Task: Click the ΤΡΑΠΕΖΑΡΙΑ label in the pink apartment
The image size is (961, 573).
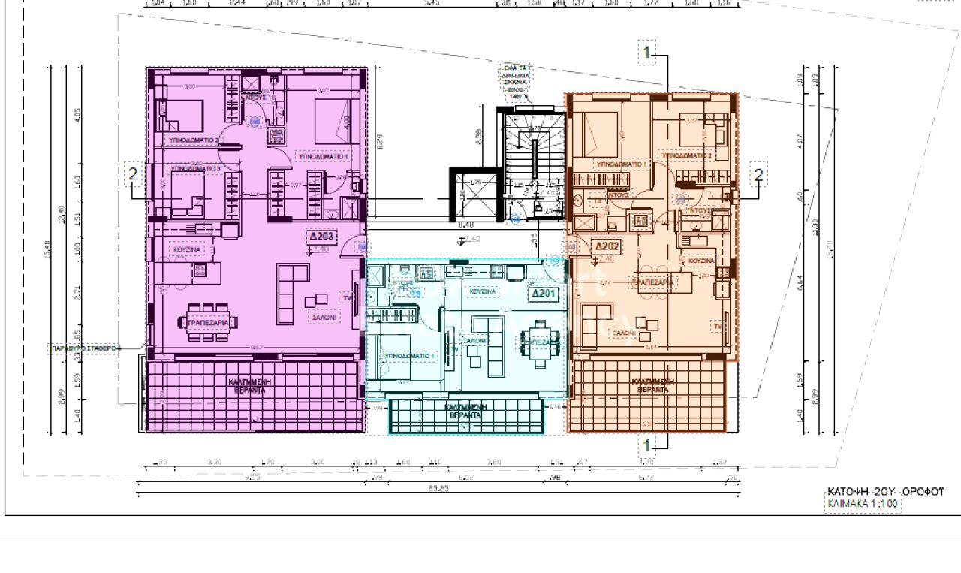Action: (208, 322)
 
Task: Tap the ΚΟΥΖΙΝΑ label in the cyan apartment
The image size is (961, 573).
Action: (483, 291)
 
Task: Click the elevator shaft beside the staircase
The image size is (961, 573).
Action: (473, 192)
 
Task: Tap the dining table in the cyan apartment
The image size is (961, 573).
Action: (538, 342)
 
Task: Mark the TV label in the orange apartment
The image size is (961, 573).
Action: (718, 327)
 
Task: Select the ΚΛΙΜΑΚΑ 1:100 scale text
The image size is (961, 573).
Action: (863, 504)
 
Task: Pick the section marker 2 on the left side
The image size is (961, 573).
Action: (133, 174)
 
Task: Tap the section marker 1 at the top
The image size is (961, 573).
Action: (647, 53)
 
